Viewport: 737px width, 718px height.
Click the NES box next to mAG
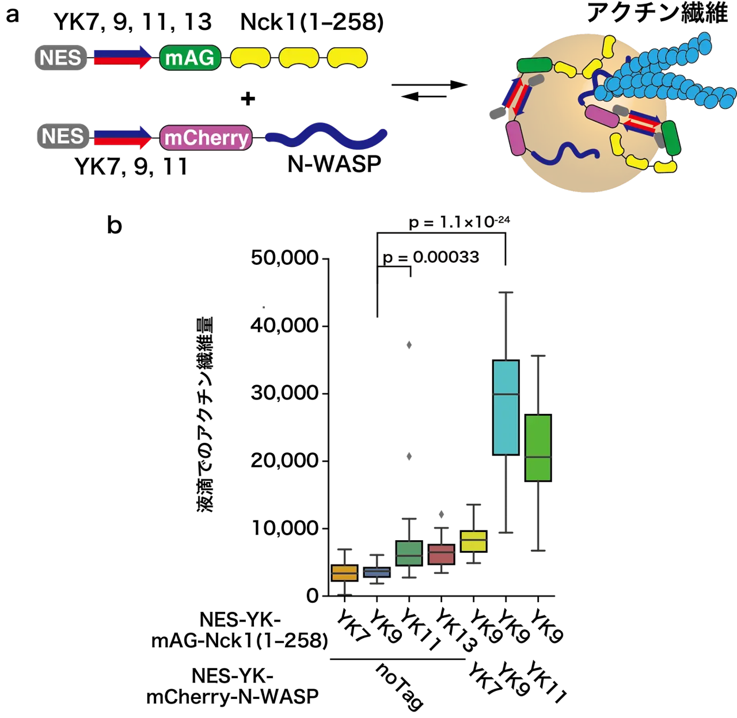60,58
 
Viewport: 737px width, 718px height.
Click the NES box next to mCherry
63,137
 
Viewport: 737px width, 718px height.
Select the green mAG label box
189,58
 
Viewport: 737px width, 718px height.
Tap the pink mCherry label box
206,138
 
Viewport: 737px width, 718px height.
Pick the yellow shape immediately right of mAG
250,58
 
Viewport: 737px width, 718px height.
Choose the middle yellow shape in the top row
299,58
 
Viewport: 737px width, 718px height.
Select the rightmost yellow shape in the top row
347,58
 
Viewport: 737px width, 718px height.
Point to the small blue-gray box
377,572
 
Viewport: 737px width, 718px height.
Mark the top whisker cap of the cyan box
506,293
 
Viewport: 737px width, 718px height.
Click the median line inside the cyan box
506,394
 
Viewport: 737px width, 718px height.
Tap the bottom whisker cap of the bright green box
539,551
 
